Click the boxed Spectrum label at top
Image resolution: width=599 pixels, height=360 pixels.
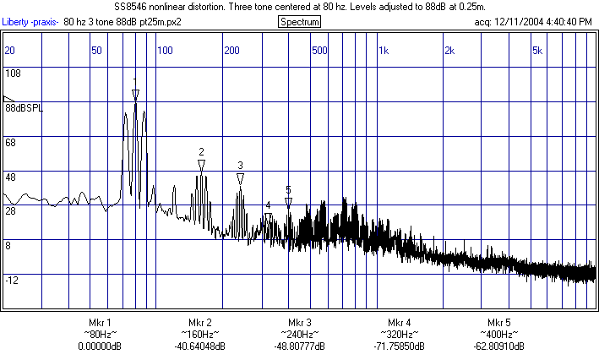pyautogui.click(x=299, y=21)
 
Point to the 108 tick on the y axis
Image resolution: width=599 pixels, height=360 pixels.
pyautogui.click(x=13, y=74)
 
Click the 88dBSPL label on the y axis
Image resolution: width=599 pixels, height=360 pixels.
pyautogui.click(x=24, y=108)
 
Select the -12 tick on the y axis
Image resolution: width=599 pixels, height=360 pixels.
pyautogui.click(x=13, y=280)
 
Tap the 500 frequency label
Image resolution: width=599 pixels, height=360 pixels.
pyautogui.click(x=319, y=51)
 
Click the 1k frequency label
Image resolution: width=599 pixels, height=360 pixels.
pyautogui.click(x=384, y=51)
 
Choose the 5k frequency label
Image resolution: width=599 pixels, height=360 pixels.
pyautogui.click(x=537, y=51)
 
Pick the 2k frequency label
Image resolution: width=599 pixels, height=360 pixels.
pyautogui.click(x=450, y=51)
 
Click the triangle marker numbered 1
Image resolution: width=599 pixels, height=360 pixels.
pyautogui.click(x=135, y=94)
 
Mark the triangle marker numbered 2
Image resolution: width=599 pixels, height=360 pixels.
pyautogui.click(x=201, y=165)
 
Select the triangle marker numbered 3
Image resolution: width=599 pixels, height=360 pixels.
pyautogui.click(x=240, y=178)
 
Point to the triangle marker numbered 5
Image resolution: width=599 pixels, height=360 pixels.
pyautogui.click(x=288, y=202)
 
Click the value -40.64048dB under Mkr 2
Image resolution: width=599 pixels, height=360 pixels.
pyautogui.click(x=200, y=346)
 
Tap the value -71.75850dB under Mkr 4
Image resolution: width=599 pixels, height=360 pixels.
pyautogui.click(x=399, y=346)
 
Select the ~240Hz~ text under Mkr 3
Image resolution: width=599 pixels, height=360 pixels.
pyautogui.click(x=300, y=335)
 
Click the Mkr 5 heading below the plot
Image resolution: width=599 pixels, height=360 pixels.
pyautogui.click(x=498, y=323)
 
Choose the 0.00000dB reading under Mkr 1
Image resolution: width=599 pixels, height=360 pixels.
pyautogui.click(x=100, y=346)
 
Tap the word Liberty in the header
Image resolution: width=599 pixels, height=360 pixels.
pyautogui.click(x=16, y=21)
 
